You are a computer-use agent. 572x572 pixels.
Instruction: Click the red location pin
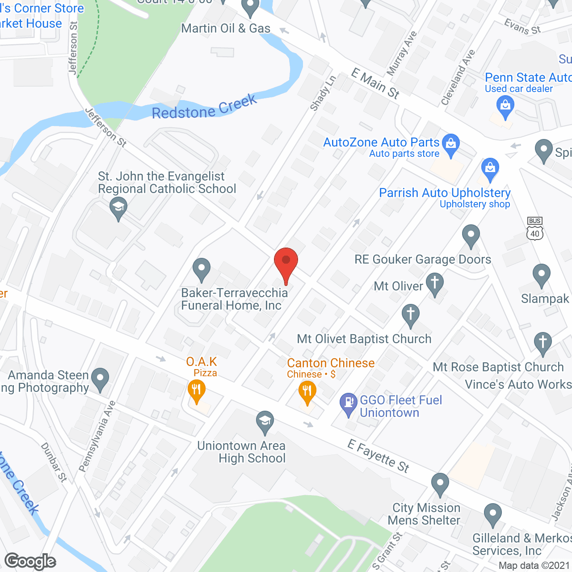[x=286, y=264]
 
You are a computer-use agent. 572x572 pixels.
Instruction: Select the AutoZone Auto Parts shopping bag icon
[x=451, y=145]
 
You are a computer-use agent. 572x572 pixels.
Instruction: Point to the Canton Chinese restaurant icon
[x=307, y=392]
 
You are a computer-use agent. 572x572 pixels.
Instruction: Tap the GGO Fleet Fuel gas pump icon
[x=349, y=404]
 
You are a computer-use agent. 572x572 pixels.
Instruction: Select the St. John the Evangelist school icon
[x=118, y=209]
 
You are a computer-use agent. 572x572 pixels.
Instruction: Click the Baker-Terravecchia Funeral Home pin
[x=202, y=269]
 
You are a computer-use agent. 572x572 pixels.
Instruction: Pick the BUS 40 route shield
[x=535, y=228]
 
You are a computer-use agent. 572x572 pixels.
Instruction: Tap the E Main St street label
[x=375, y=83]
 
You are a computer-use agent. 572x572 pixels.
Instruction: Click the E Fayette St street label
[x=379, y=456]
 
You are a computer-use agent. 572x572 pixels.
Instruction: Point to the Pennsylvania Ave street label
[x=97, y=436]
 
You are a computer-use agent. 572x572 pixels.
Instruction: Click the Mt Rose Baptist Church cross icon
[x=543, y=343]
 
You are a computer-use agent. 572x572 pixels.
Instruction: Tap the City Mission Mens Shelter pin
[x=440, y=484]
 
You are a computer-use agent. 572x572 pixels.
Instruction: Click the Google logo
[x=30, y=561]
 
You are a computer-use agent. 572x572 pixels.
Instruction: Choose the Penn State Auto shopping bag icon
[x=505, y=107]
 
